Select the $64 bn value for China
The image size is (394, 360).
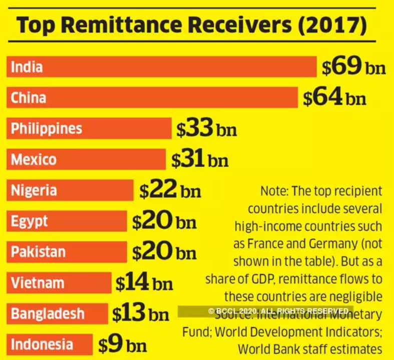334,98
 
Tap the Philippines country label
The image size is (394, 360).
47,128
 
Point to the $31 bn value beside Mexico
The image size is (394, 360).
199,160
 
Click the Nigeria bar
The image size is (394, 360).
70,190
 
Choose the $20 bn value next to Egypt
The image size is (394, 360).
164,221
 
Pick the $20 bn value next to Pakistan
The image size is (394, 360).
164,252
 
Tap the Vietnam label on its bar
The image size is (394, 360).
38,283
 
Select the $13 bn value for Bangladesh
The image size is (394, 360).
140,314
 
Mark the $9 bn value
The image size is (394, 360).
122,345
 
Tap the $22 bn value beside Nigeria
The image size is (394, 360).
170,190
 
